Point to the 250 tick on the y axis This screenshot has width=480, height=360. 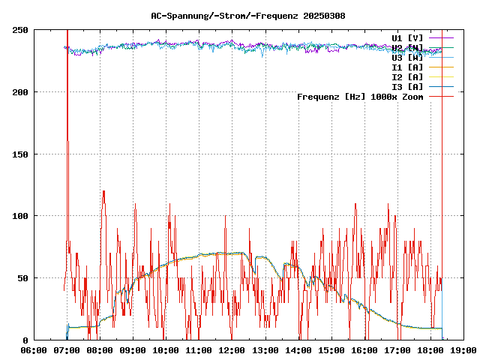[20, 30]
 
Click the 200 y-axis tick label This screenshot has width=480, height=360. [20, 92]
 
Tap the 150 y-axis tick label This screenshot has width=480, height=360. [20, 154]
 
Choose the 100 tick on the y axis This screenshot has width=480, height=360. [20, 216]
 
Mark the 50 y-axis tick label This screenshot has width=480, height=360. [22, 278]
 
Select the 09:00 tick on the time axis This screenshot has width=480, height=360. [133, 350]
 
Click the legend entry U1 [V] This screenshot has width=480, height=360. [407, 37]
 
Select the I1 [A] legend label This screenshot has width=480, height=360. [407, 67]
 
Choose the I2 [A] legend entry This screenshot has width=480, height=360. [407, 76]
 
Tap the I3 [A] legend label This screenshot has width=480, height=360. [407, 86]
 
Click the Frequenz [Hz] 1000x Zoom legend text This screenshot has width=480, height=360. [360, 97]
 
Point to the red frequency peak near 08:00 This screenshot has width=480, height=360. [103, 191]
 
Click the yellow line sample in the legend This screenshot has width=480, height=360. [441, 76]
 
